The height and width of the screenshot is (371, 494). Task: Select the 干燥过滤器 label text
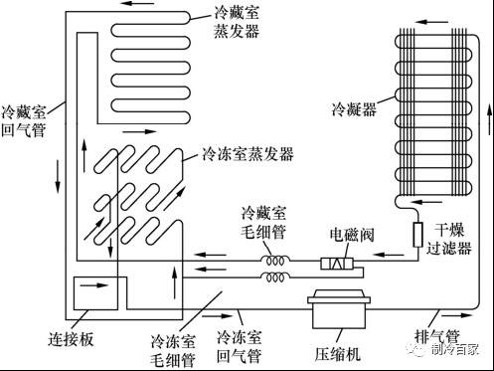click(x=460, y=237)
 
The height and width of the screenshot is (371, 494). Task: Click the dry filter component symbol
click(x=417, y=237)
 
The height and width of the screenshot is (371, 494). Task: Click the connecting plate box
click(x=84, y=295)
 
